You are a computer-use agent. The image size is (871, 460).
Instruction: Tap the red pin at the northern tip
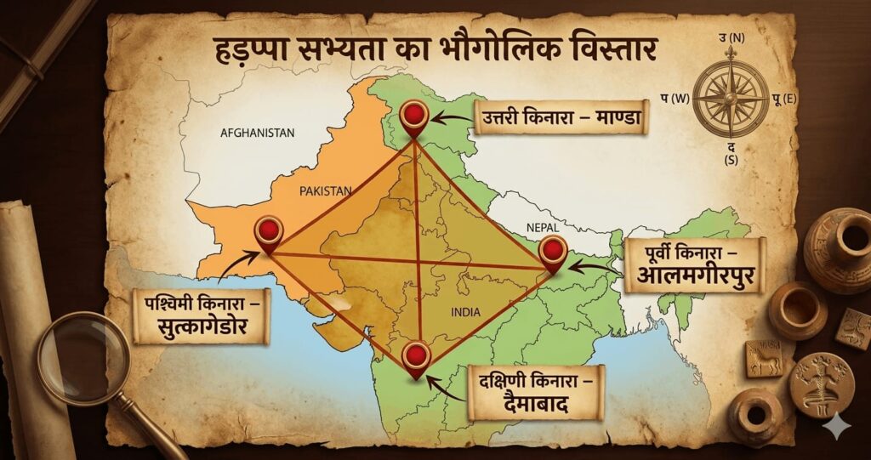(x=414, y=115)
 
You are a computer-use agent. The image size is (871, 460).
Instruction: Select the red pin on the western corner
(x=269, y=229)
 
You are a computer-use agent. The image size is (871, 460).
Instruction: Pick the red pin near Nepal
(x=553, y=250)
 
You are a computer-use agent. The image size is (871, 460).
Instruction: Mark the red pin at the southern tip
(x=417, y=355)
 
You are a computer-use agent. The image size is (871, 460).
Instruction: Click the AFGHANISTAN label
(x=257, y=133)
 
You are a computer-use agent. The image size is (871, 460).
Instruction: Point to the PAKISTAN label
(x=325, y=192)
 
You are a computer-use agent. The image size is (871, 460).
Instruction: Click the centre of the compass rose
(x=731, y=99)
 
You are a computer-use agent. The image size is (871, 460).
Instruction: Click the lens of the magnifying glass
(x=83, y=357)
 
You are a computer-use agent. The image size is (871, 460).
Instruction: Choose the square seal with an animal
(x=764, y=358)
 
